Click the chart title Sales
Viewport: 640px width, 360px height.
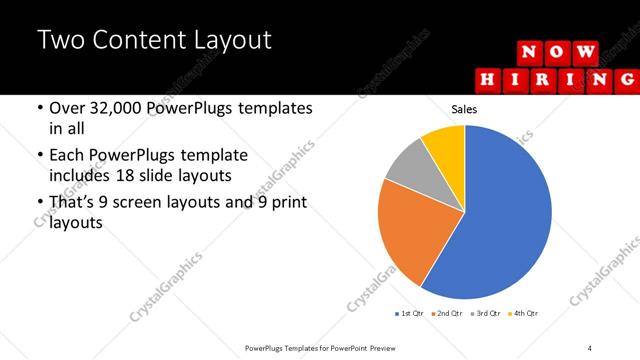tap(465, 109)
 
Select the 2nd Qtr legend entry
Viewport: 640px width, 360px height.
tap(445, 314)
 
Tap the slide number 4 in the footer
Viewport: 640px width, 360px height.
tap(590, 347)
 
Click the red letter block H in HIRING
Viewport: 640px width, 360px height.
tap(487, 78)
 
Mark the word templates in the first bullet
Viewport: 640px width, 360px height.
tap(274, 108)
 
